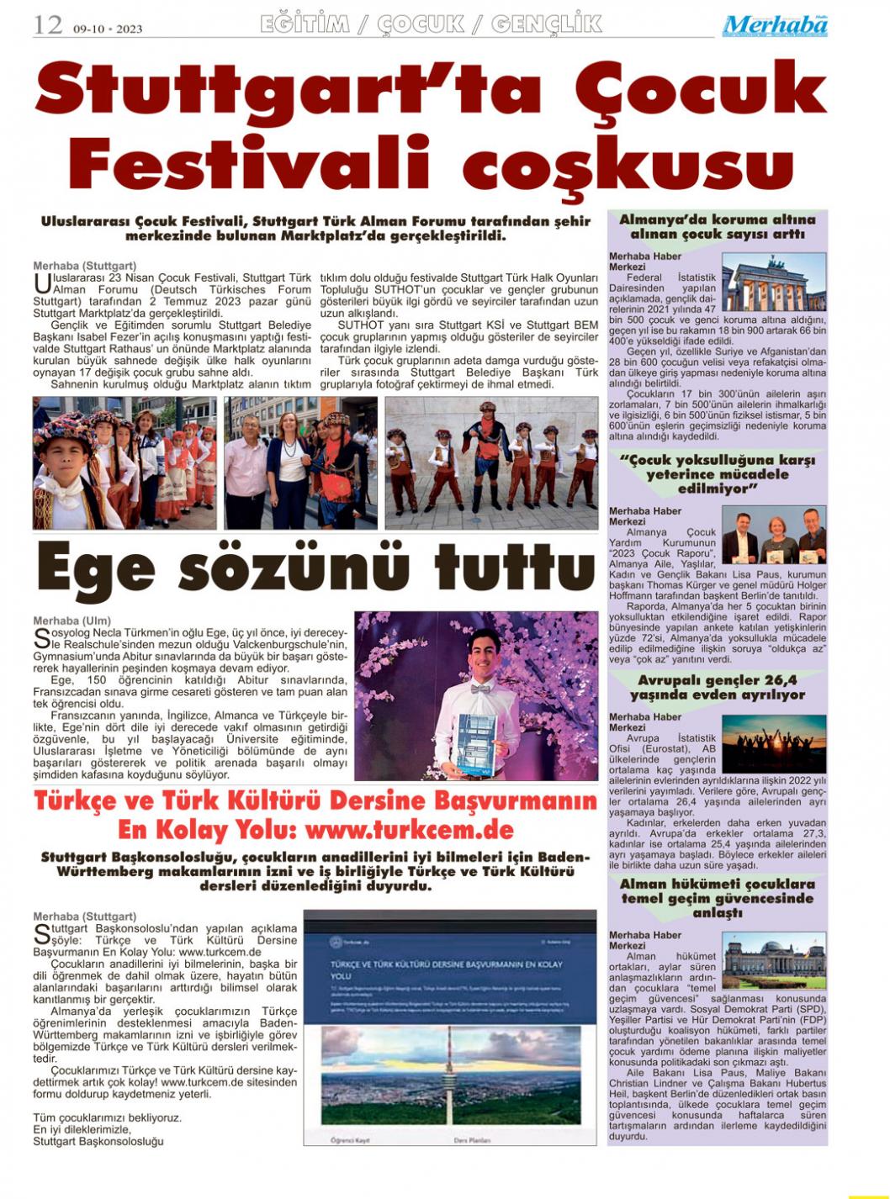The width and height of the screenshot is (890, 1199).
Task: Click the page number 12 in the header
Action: coord(48,25)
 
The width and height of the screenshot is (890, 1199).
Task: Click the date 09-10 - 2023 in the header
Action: coord(108,29)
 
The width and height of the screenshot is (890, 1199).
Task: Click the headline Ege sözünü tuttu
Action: coord(315,568)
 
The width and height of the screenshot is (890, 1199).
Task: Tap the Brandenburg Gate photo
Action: coord(774,284)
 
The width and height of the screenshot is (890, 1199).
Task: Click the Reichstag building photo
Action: coord(774,960)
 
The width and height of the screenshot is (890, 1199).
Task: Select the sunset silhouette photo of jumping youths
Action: coord(774,742)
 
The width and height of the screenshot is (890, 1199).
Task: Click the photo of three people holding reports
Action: coord(774,535)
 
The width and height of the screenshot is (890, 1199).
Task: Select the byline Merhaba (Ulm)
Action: coord(72,621)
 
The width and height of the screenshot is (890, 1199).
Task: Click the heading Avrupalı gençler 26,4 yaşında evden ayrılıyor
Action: coord(717,687)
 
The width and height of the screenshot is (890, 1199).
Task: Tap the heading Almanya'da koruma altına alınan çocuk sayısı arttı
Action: coord(717,227)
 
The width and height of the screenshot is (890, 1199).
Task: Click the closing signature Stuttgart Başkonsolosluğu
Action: coord(98,1141)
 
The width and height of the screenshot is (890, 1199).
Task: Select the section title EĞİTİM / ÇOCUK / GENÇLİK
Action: coord(431,24)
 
